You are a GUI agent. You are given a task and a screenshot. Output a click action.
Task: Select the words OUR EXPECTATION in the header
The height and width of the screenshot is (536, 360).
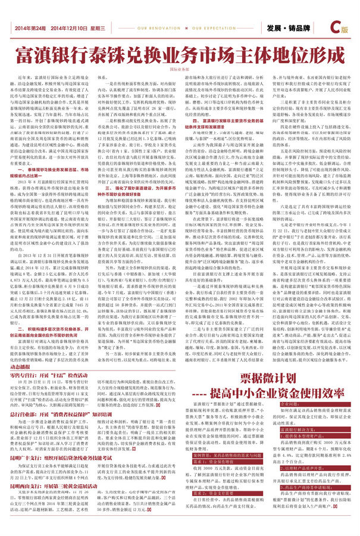(x=213, y=28)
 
